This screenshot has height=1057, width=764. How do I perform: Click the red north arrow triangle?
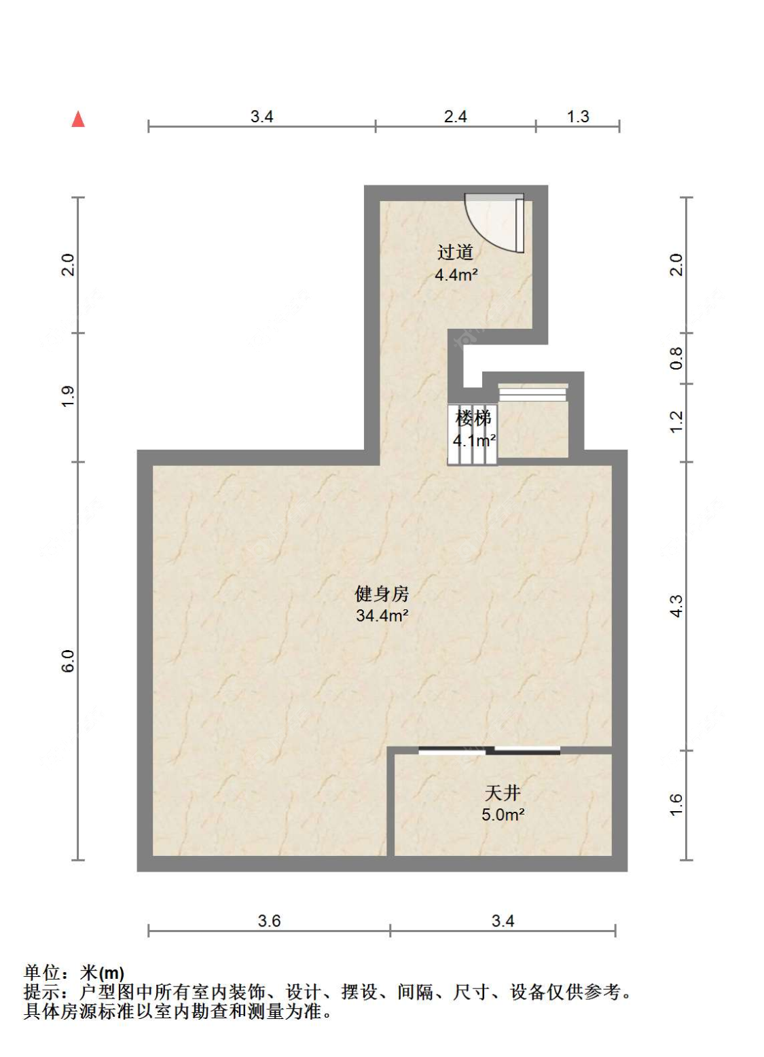point(78,120)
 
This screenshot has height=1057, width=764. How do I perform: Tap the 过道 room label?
point(455,253)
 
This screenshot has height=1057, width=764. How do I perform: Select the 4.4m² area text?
point(456,275)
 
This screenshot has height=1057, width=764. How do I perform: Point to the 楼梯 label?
point(473,418)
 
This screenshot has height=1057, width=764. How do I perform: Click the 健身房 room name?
point(382,594)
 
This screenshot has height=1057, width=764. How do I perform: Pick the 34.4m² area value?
point(382,616)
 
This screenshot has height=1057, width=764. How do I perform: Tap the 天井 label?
point(503,793)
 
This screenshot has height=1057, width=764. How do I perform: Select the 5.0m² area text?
point(503,815)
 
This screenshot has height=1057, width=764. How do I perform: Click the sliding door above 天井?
point(490,751)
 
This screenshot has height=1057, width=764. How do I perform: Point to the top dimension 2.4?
point(455,117)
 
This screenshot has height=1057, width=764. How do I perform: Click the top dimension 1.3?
point(578,117)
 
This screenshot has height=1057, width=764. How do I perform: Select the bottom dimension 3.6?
point(269,921)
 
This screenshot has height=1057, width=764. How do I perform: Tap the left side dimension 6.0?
point(68,661)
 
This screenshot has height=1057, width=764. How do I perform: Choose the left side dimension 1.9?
point(68,397)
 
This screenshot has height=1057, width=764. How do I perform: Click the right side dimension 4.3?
point(676,606)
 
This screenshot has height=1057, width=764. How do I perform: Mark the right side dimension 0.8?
point(676,358)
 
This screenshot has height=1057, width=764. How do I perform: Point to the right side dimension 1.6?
point(676,805)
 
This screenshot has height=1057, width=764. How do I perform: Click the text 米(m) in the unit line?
point(102,973)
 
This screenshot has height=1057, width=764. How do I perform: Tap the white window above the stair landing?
point(533,392)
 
